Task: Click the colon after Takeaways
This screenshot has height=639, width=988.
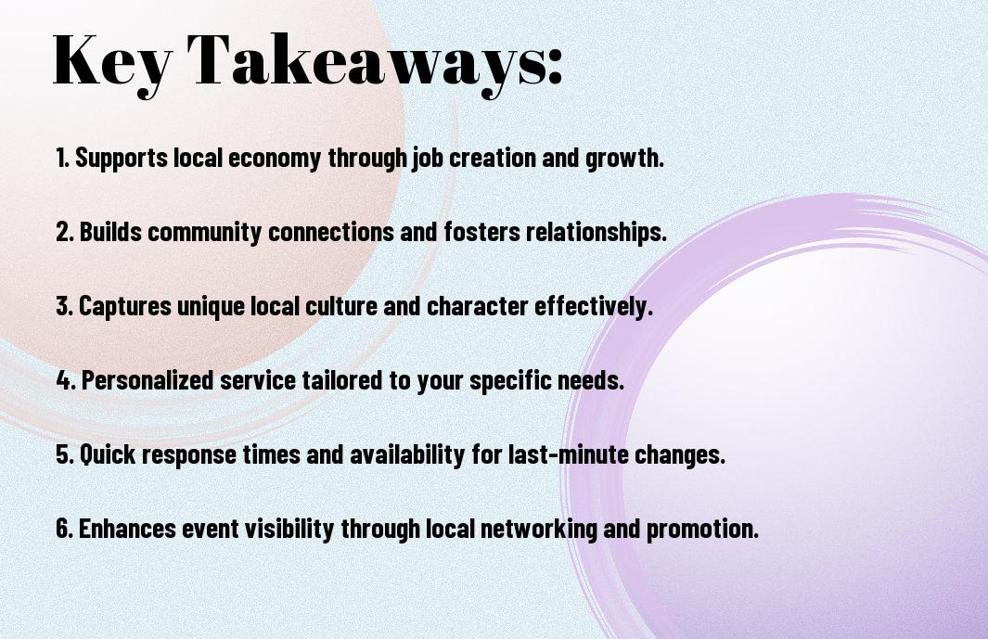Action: pyautogui.click(x=554, y=69)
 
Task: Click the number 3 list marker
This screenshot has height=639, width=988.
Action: pyautogui.click(x=64, y=306)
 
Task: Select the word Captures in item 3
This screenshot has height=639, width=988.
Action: pyautogui.click(x=124, y=307)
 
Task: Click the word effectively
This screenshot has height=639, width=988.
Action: pyautogui.click(x=593, y=307)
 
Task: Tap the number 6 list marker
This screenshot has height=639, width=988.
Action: pyautogui.click(x=64, y=528)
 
